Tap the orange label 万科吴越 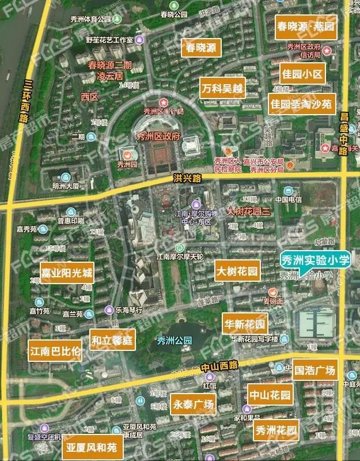click(222, 89)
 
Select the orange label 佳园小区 click(303, 74)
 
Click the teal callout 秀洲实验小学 click(314, 260)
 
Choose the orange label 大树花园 click(237, 270)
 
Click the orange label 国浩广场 click(314, 369)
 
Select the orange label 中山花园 click(270, 395)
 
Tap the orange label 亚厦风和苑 click(91, 447)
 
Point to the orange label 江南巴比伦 click(55, 350)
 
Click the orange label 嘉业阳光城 click(67, 272)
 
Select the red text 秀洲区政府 click(157, 137)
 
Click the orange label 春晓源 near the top click(200, 48)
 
